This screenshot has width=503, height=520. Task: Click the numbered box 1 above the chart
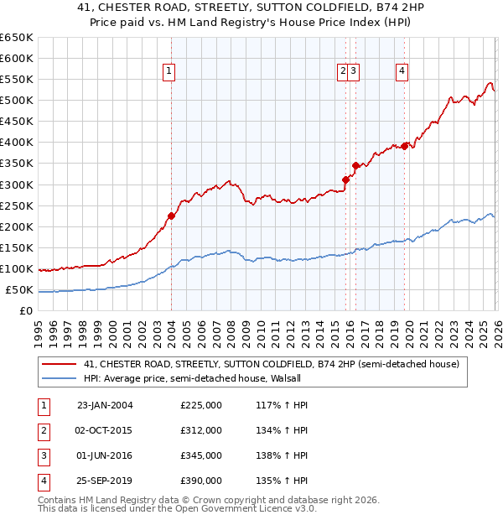pyautogui.click(x=169, y=72)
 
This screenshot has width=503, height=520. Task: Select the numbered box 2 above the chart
pyautogui.click(x=343, y=72)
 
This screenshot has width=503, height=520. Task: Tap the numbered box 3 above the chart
pyautogui.click(x=355, y=72)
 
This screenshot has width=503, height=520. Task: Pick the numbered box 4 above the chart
pyautogui.click(x=402, y=72)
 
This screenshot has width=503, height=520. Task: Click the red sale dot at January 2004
pyautogui.click(x=171, y=216)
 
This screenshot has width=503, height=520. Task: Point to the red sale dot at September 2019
pyautogui.click(x=404, y=146)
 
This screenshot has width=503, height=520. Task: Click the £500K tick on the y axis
pyautogui.click(x=16, y=101)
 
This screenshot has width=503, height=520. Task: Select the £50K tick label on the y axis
pyautogui.click(x=18, y=290)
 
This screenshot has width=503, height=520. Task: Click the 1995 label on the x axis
pyautogui.click(x=39, y=331)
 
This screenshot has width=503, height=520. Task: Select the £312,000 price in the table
pyautogui.click(x=201, y=430)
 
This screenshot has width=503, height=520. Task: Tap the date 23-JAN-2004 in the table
pyautogui.click(x=105, y=405)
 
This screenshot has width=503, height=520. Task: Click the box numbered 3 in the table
pyautogui.click(x=41, y=455)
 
